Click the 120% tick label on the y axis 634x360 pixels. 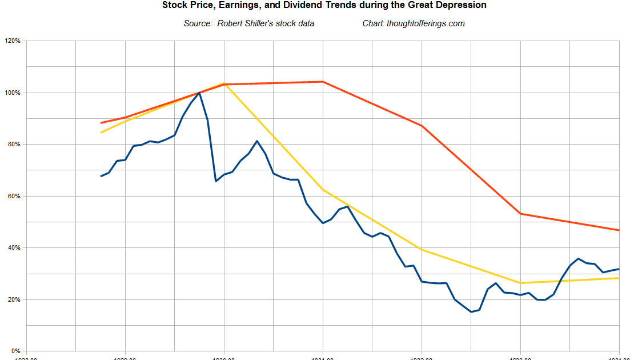(13, 41)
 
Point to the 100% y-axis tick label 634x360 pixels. (13, 93)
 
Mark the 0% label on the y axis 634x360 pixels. (15, 351)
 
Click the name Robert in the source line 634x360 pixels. (231, 23)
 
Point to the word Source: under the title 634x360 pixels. (198, 23)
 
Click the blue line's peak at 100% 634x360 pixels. (199, 93)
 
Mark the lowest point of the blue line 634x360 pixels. (471, 312)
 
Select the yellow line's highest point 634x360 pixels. (224, 83)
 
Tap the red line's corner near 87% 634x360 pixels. (422, 126)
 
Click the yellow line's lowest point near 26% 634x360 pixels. (520, 283)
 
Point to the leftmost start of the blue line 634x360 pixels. (101, 176)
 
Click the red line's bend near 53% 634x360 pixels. (520, 214)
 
